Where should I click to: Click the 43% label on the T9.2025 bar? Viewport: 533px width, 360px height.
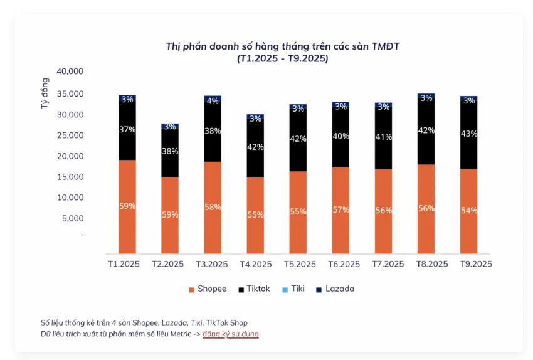click(x=468, y=134)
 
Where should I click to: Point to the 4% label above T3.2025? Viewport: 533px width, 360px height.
click(x=213, y=100)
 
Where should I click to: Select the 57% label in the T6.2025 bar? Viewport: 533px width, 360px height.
click(x=340, y=209)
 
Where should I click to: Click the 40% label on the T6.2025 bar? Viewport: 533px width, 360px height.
click(x=340, y=136)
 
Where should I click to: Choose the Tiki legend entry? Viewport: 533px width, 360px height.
click(x=294, y=289)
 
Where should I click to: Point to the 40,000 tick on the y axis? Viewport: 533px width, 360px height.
click(x=70, y=71)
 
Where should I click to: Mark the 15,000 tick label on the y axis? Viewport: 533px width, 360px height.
click(x=70, y=177)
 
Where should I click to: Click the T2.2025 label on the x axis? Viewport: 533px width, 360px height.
click(x=167, y=264)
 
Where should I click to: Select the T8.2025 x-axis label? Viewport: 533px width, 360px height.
click(x=432, y=264)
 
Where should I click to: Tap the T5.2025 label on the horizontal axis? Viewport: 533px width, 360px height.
click(x=300, y=264)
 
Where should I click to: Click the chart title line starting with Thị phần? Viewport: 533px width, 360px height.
click(x=282, y=46)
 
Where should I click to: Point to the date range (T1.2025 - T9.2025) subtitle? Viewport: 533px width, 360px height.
click(x=282, y=58)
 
